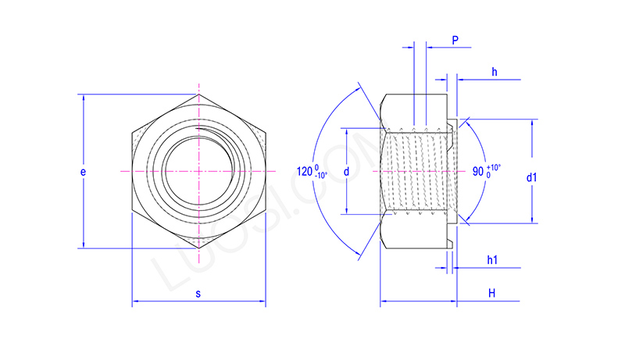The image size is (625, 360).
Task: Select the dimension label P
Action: [x=455, y=40]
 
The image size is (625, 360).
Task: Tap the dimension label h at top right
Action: [x=495, y=73]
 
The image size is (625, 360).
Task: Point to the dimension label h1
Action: [x=493, y=259]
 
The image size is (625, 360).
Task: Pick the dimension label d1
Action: [x=532, y=178]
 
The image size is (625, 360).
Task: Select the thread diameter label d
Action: [x=346, y=171]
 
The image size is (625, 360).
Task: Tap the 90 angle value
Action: [x=478, y=171]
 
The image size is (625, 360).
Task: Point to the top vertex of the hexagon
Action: [x=199, y=94]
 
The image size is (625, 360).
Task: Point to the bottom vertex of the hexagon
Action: [x=199, y=248]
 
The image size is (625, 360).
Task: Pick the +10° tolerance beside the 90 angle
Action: [x=494, y=166]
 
